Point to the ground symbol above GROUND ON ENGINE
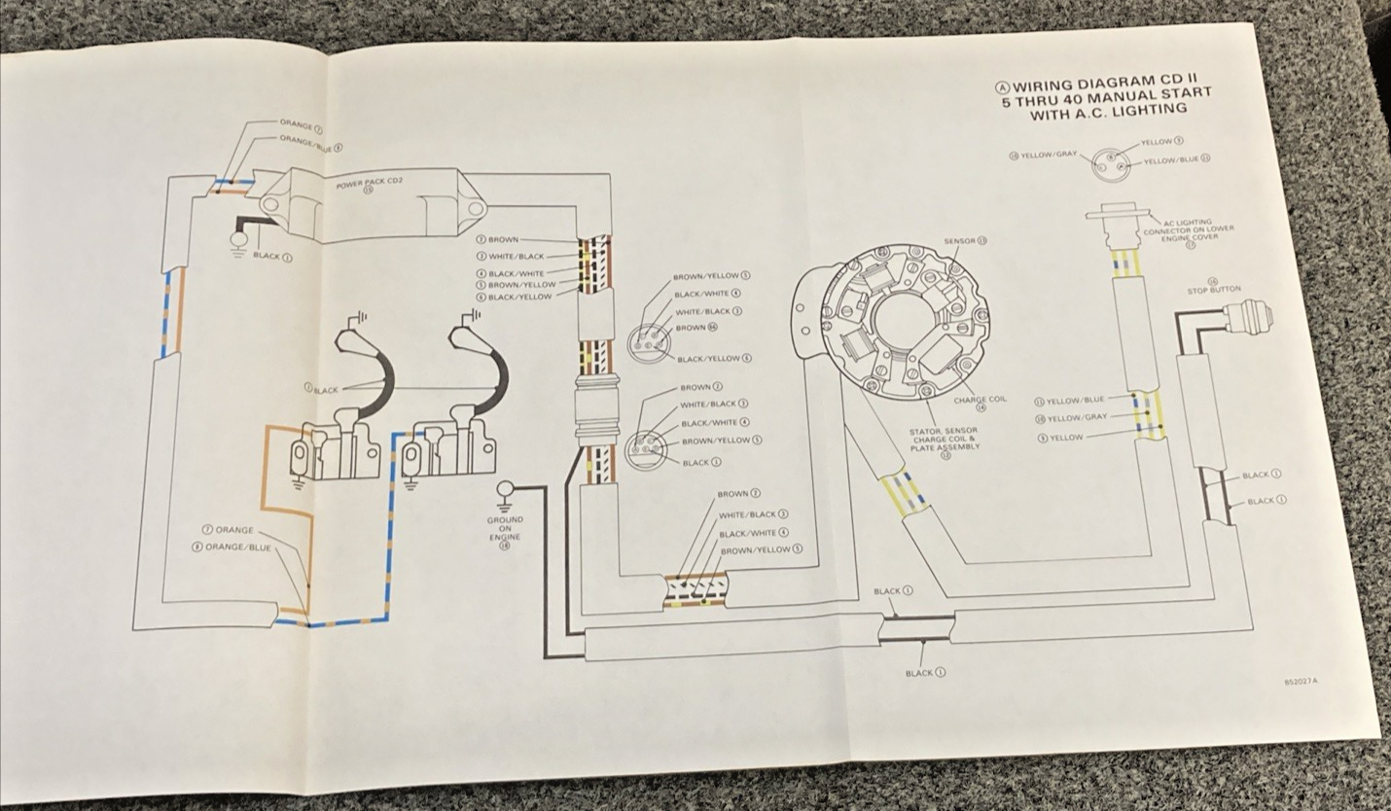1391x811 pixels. point(505,494)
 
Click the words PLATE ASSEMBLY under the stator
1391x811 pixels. point(945,447)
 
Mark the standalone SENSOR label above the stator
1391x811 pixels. point(964,240)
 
